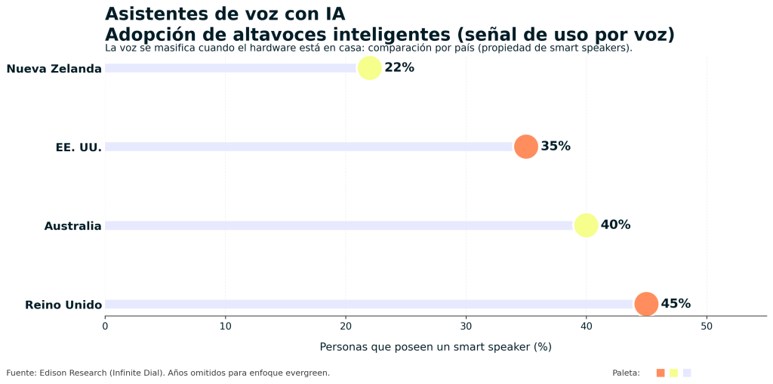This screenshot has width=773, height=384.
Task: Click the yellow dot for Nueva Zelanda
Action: pyautogui.click(x=369, y=68)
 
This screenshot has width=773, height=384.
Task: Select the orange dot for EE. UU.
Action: pyautogui.click(x=525, y=147)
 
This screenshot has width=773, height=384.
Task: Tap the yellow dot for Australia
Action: pyautogui.click(x=586, y=225)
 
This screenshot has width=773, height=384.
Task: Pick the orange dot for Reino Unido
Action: pyautogui.click(x=645, y=304)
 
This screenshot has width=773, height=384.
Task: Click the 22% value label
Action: pyautogui.click(x=399, y=68)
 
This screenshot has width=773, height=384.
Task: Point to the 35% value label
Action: pyautogui.click(x=556, y=147)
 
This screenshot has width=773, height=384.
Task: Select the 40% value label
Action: pyautogui.click(x=615, y=225)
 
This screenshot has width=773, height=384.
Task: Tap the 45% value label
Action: pyautogui.click(x=676, y=304)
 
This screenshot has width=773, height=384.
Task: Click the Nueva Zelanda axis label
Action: pyautogui.click(x=54, y=70)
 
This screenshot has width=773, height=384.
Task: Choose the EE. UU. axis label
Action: pyautogui.click(x=79, y=147)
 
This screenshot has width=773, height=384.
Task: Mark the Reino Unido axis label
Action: pyautogui.click(x=63, y=305)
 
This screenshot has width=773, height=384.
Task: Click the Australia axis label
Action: pyautogui.click(x=72, y=226)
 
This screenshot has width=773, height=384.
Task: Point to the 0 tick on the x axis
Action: pyautogui.click(x=105, y=327)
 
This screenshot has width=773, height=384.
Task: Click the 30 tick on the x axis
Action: pyautogui.click(x=466, y=327)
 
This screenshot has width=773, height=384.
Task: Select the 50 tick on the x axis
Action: pyautogui.click(x=707, y=327)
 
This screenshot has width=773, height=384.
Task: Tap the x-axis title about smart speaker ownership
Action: pyautogui.click(x=436, y=347)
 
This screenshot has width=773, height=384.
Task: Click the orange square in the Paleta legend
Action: pyautogui.click(x=661, y=373)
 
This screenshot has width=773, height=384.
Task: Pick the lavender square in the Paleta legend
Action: pyautogui.click(x=687, y=373)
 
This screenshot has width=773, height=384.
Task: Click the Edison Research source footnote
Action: pyautogui.click(x=168, y=373)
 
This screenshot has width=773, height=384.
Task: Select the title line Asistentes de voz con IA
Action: pyautogui.click(x=225, y=14)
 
